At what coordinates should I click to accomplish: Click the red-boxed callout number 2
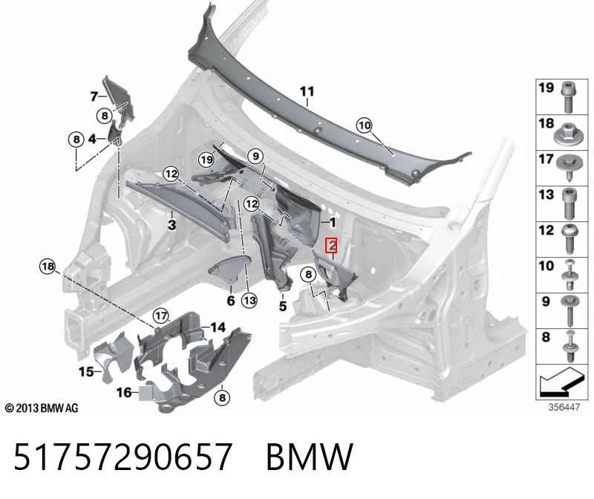(x=332, y=245)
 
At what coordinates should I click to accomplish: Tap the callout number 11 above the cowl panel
(x=307, y=91)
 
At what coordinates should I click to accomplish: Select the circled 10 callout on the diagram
(x=365, y=125)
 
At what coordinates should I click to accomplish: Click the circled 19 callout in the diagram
(x=207, y=160)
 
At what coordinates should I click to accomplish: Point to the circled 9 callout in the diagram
(x=255, y=156)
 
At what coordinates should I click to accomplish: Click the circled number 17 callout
(x=161, y=316)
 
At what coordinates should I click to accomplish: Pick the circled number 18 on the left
(x=48, y=267)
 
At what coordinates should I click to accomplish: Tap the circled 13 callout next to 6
(x=249, y=301)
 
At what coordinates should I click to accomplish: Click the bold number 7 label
(x=94, y=97)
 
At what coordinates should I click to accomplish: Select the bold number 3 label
(x=172, y=225)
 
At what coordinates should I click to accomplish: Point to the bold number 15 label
(x=86, y=372)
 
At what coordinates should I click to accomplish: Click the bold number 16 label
(x=124, y=393)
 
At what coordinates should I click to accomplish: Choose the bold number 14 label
(x=218, y=327)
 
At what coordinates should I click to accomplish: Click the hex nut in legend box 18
(x=567, y=134)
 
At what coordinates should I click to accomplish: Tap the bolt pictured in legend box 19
(x=568, y=97)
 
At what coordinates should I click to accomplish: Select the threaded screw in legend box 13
(x=568, y=204)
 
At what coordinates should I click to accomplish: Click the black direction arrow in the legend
(x=561, y=382)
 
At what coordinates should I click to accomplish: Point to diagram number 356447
(x=564, y=408)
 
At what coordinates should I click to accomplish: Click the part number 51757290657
(x=123, y=456)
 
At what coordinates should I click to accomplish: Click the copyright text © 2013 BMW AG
(x=42, y=408)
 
